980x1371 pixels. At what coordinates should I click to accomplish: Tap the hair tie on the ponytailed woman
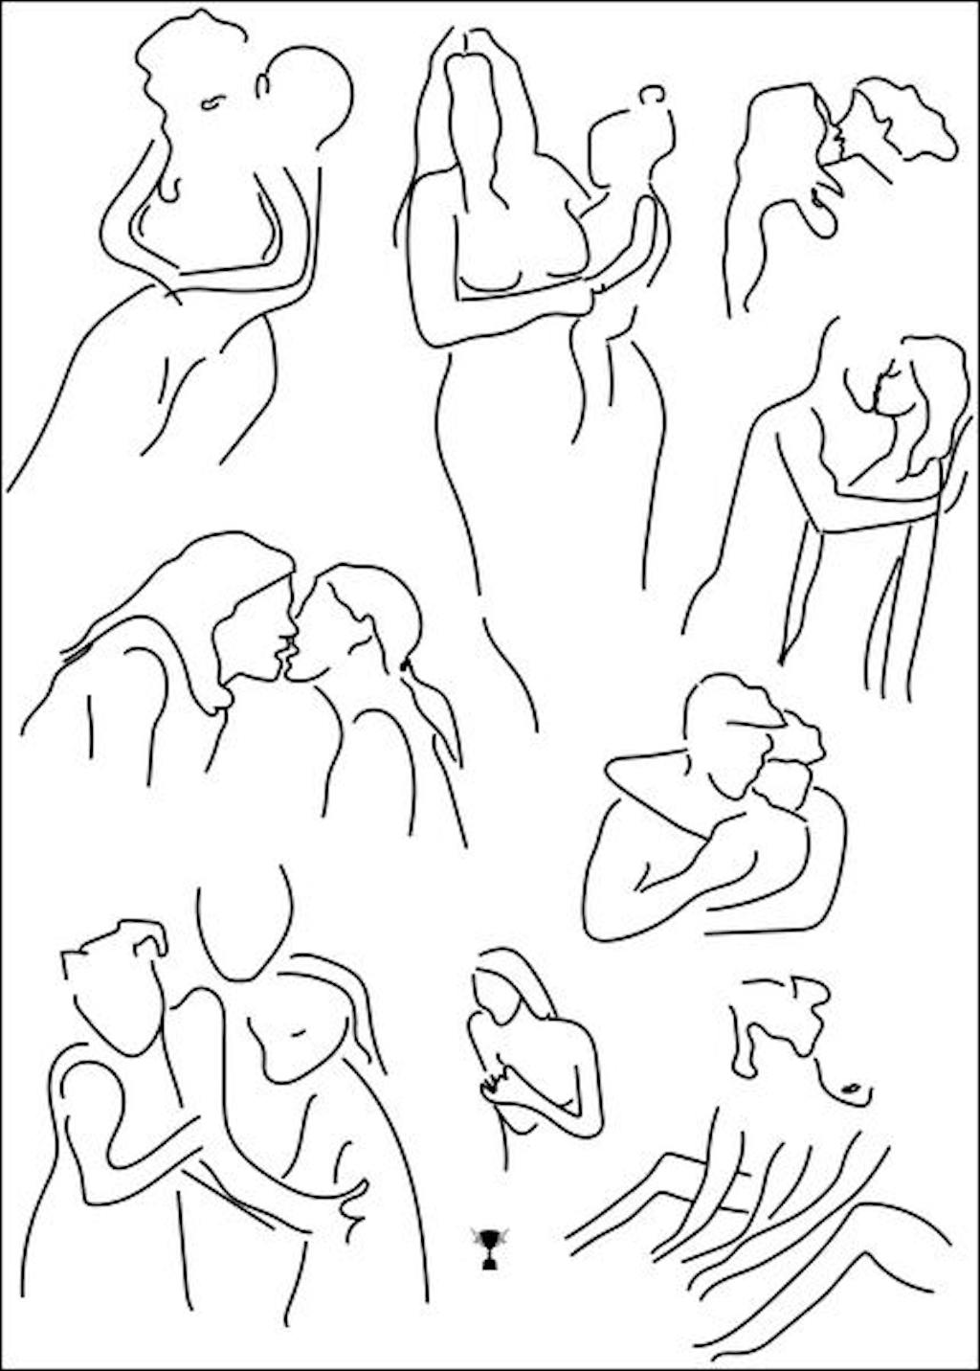click(408, 663)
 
